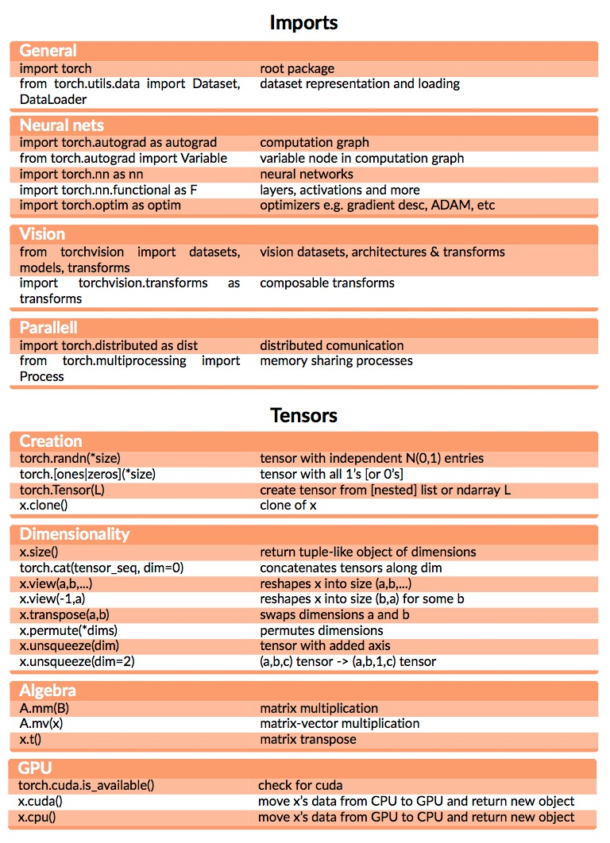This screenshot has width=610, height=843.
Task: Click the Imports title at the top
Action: [x=303, y=21]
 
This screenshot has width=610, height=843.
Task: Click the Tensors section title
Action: [x=303, y=415]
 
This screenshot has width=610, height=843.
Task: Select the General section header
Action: [x=48, y=51]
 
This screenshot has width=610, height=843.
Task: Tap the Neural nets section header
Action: [x=62, y=125]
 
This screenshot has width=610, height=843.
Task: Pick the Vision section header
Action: [x=43, y=234]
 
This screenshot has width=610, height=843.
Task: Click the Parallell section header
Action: [x=48, y=328]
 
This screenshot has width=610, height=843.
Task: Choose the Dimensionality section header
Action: [x=75, y=533]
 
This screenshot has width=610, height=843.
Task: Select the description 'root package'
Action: [x=297, y=68]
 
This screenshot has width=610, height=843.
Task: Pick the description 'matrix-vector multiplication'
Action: [x=339, y=723]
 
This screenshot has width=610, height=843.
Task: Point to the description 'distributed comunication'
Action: [x=331, y=345]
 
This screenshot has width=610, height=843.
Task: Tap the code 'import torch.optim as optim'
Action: [x=100, y=206]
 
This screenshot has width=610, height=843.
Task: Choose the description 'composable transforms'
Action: [x=326, y=283]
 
